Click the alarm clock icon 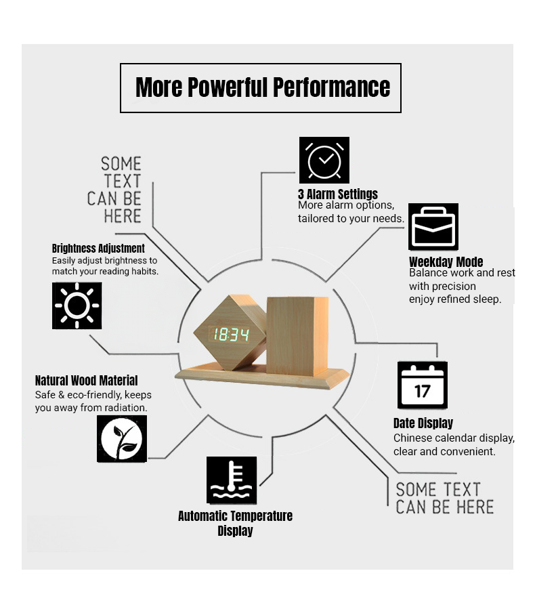[324, 160]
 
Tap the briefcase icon [433, 226]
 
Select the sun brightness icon [77, 305]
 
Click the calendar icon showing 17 [423, 385]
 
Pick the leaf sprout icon [122, 438]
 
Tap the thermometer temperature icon [232, 480]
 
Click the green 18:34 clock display [230, 335]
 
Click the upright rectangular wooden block [298, 335]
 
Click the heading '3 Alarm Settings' [338, 194]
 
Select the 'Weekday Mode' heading [446, 261]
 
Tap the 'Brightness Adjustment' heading [98, 248]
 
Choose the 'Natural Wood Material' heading [87, 380]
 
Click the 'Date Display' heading [423, 423]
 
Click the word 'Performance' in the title [332, 87]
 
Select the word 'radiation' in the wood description [127, 408]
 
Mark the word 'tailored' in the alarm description [314, 218]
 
